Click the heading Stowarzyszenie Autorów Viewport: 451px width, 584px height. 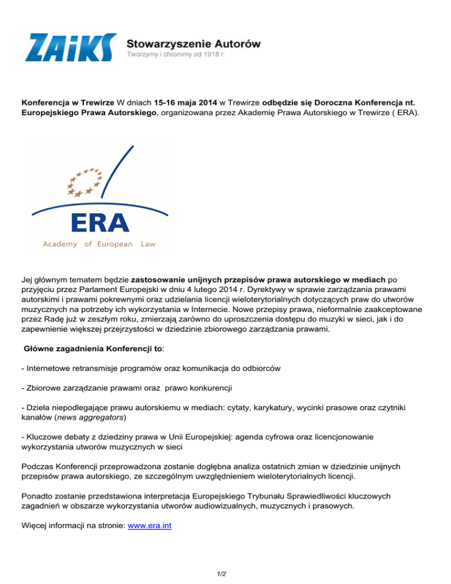click(194, 43)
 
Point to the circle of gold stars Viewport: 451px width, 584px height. click(84, 182)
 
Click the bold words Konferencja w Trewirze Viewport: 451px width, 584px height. click(68, 101)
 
